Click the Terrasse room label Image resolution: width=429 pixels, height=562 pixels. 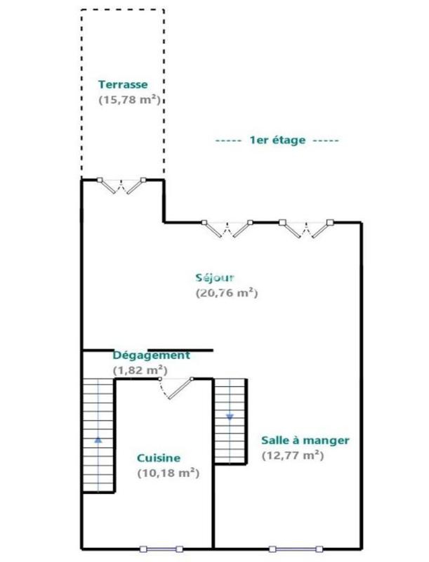click(x=123, y=84)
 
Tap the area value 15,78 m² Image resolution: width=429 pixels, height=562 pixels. click(x=129, y=100)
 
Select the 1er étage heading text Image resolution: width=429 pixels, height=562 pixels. click(x=277, y=140)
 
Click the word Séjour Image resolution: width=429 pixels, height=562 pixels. click(x=215, y=277)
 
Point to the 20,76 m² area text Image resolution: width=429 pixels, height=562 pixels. click(x=227, y=293)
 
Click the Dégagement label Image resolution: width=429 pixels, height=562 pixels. click(x=152, y=355)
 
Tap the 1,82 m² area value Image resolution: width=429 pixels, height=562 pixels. click(x=140, y=370)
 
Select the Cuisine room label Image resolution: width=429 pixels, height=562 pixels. click(x=159, y=458)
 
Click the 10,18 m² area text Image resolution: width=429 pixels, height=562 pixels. click(x=169, y=473)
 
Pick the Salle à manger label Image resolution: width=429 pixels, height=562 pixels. click(x=305, y=440)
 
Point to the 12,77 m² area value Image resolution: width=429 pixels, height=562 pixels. click(x=293, y=455)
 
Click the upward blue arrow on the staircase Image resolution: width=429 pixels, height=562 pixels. click(x=98, y=440)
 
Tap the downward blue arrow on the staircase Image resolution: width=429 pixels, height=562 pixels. click(x=230, y=417)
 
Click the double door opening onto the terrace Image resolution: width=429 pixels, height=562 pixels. click(x=121, y=186)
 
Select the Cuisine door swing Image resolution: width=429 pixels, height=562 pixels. click(x=176, y=388)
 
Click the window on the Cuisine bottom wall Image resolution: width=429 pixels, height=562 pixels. click(x=161, y=549)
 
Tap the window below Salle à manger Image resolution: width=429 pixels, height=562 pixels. click(x=296, y=549)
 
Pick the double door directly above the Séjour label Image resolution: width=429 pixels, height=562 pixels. click(x=227, y=228)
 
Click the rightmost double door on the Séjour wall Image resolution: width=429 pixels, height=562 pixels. click(x=306, y=228)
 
